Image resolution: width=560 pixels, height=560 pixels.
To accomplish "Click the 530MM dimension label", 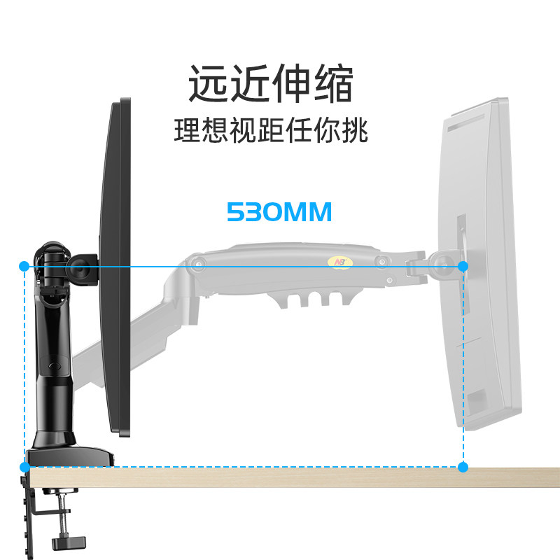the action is (279, 211).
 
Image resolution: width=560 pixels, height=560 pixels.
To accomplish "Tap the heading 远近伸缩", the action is (270, 85).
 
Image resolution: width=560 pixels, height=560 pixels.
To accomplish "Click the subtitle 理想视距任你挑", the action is (270, 132).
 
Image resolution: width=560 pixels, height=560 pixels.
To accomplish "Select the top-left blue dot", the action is (24, 266).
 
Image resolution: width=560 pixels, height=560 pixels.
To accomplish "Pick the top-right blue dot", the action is (463, 266).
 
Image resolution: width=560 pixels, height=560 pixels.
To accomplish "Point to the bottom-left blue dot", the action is (24, 467).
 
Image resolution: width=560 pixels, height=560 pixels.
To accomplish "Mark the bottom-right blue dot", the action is (463, 467).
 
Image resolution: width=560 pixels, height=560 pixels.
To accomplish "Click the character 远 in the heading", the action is (209, 85).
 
